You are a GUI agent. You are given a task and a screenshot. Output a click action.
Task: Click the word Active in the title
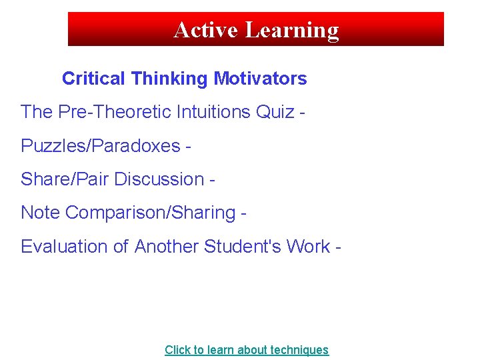pos(206,30)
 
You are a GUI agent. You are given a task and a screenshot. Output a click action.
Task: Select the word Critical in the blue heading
pos(93,79)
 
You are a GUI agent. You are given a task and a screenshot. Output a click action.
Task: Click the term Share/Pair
pos(65,179)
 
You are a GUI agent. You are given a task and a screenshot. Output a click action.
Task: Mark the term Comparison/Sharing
pos(151,213)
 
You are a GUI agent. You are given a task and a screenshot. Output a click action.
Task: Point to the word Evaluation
pos(65,247)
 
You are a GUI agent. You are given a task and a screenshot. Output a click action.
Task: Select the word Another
pos(167,247)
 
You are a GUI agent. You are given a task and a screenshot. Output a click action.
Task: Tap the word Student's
pos(243,247)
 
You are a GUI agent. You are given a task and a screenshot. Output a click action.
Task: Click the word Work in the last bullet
pos(308,247)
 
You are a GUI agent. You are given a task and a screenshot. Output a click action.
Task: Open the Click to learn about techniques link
pos(247,350)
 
